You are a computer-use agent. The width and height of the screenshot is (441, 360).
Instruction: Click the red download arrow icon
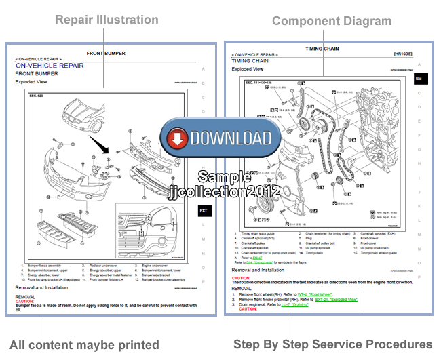(x=178, y=138)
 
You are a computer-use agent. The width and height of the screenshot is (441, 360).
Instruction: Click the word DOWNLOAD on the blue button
(x=231, y=138)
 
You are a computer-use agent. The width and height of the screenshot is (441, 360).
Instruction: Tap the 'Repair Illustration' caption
(x=107, y=20)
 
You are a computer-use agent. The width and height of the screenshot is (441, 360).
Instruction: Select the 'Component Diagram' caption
(x=332, y=21)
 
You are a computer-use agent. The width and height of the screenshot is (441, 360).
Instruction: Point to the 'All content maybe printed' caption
(x=84, y=344)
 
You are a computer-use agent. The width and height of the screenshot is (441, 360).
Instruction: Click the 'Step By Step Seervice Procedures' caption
(x=332, y=344)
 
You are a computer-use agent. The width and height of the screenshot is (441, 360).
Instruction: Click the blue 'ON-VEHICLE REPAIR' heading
(x=50, y=66)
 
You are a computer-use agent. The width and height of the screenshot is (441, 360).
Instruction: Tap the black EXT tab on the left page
(x=203, y=211)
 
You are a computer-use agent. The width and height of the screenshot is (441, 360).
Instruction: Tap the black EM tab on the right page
(x=421, y=79)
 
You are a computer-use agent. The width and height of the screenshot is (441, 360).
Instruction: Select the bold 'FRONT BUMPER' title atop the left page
(x=106, y=53)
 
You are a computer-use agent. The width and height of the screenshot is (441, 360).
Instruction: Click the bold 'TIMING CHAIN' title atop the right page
(x=323, y=49)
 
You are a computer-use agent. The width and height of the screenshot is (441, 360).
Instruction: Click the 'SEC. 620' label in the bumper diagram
(x=37, y=96)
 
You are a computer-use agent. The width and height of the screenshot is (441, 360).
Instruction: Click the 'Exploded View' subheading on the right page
(x=247, y=69)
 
